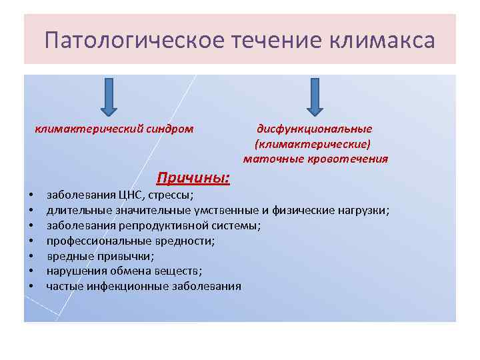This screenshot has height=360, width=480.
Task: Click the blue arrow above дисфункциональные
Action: [315, 96]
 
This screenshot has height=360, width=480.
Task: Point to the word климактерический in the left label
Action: [90, 129]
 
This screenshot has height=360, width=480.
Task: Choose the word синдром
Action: [171, 129]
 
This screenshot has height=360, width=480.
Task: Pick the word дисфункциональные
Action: [315, 129]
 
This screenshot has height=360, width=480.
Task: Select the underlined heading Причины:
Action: [193, 178]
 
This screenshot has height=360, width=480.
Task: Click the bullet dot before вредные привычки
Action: [31, 257]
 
